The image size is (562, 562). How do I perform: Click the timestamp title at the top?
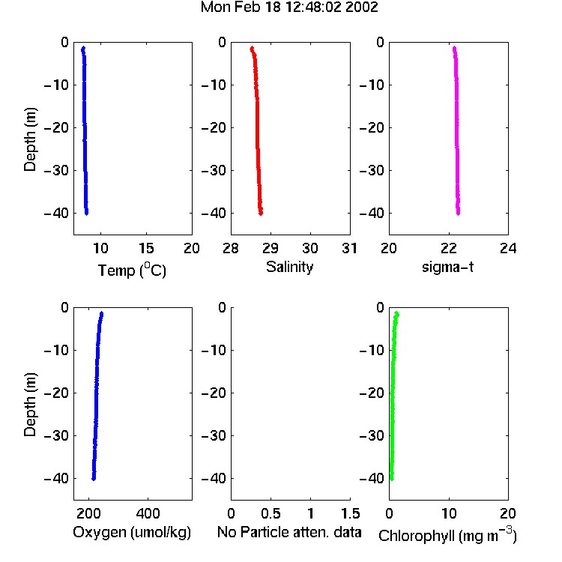click(289, 7)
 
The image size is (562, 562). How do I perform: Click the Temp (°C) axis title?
click(132, 270)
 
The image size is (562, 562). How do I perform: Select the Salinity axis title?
click(289, 267)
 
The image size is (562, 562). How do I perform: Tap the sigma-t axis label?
click(447, 267)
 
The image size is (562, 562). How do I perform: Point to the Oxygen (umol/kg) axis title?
click(132, 532)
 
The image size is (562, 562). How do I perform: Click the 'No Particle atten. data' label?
click(289, 532)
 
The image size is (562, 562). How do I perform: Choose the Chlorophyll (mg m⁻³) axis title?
click(447, 535)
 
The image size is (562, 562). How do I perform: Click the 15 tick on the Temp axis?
click(146, 248)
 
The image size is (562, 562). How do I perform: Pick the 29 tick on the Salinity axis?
click(271, 248)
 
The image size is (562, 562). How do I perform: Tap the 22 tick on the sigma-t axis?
click(449, 248)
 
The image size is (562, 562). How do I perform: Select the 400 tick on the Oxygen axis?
click(148, 513)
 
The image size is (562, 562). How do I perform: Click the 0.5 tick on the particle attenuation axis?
click(271, 513)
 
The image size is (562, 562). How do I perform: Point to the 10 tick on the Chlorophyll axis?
click(449, 513)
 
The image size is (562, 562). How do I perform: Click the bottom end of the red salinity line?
click(261, 214)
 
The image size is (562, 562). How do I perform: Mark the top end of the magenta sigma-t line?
click(454, 48)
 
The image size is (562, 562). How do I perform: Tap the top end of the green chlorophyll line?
click(396, 314)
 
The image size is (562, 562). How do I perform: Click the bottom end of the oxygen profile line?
click(94, 479)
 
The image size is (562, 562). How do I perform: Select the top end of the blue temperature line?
click(83, 48)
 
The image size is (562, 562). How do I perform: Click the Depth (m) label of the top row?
click(30, 139)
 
